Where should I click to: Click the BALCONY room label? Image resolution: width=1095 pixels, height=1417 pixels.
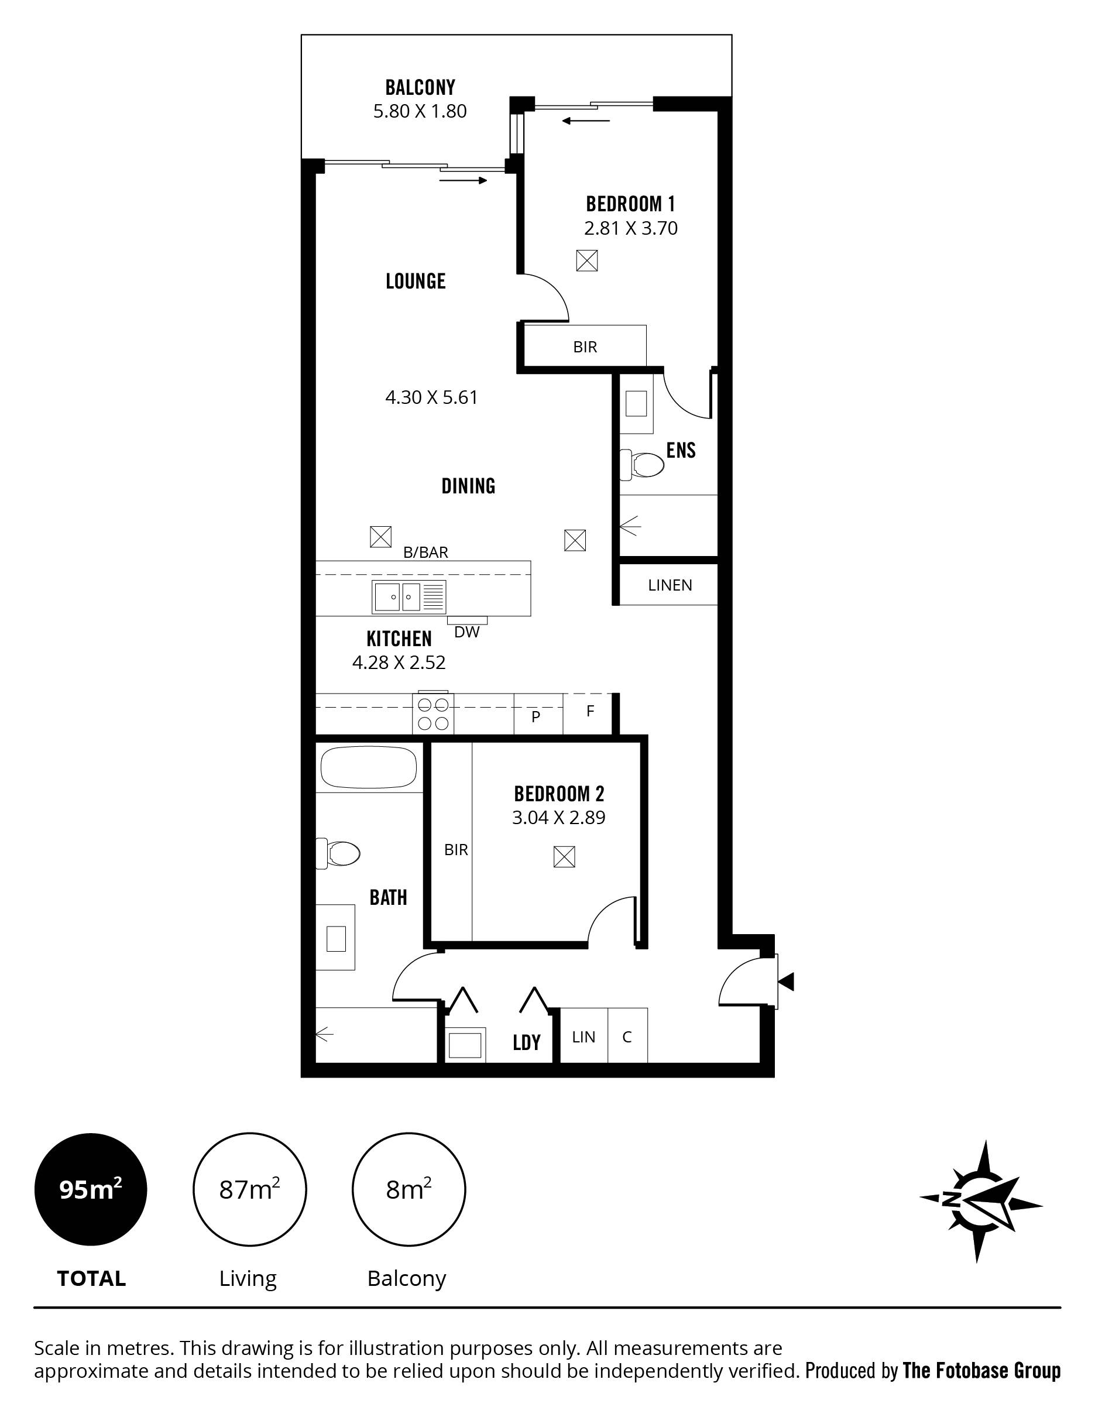420,87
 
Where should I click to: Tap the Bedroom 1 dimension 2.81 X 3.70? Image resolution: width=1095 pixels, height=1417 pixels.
630,228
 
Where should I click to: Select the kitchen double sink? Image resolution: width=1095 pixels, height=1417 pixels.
409,597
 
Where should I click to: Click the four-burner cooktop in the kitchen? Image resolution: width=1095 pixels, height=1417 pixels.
432,713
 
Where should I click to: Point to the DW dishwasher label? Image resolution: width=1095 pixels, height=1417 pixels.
467,632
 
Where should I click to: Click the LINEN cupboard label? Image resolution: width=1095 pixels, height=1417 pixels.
670,585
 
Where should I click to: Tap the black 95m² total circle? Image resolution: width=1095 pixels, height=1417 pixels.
91,1189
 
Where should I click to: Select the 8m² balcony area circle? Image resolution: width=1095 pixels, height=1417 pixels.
409,1189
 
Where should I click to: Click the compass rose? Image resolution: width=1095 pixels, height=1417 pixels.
981,1200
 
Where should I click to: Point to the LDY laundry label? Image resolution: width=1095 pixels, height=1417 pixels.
527,1042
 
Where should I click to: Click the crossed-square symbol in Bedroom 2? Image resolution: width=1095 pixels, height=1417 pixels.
564,857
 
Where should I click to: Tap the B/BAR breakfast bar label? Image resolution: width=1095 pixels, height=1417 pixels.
425,552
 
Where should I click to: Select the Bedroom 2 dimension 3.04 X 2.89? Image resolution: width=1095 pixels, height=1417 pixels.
558,818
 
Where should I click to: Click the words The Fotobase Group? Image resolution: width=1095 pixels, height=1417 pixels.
981,1370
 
